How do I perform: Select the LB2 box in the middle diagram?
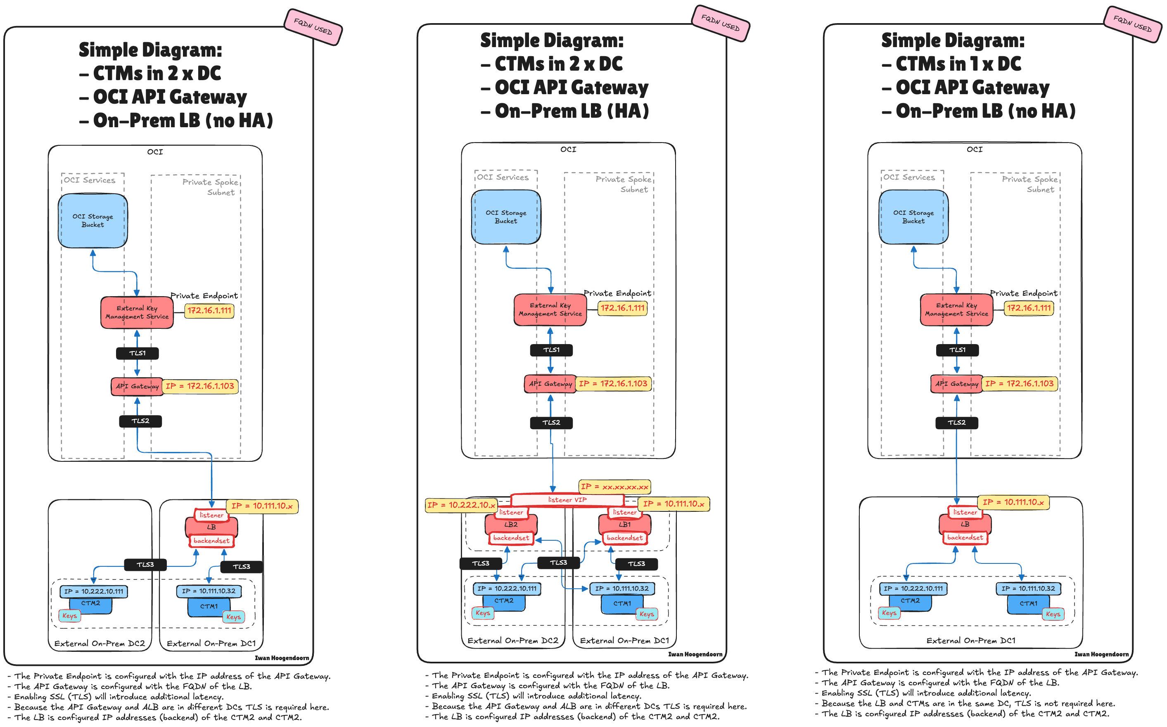coord(511,525)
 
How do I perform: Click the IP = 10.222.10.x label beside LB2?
coord(461,505)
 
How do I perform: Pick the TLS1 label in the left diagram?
coord(138,353)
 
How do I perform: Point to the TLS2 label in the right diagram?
coord(956,423)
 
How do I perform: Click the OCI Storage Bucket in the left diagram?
coord(93,221)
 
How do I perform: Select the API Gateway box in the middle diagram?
coord(550,384)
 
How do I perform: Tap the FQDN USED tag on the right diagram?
coord(1132,24)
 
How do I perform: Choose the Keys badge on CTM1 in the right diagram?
coord(1053,614)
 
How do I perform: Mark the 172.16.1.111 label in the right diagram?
coord(1029,308)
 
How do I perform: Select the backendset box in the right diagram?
coord(965,537)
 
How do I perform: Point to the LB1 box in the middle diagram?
coord(624,525)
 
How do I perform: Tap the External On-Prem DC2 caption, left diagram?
coord(100,643)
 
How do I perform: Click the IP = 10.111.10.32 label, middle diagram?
coord(621,589)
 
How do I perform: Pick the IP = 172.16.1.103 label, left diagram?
coord(200,386)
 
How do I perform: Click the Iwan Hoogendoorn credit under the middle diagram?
coord(695,654)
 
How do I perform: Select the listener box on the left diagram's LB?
coord(211,515)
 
